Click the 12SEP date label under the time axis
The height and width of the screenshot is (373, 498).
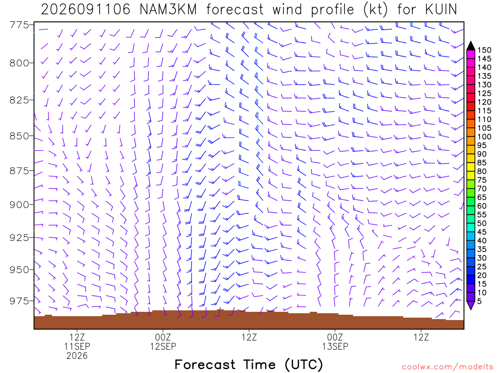(163, 346)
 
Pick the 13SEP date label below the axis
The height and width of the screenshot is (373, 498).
(335, 346)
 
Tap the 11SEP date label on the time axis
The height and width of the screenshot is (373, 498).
(77, 346)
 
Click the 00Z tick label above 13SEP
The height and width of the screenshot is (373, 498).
(335, 337)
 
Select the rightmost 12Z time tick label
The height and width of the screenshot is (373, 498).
(421, 337)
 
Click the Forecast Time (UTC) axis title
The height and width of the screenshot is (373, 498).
(249, 365)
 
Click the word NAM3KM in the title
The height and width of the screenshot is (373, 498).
(168, 10)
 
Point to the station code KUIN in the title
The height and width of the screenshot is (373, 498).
(441, 10)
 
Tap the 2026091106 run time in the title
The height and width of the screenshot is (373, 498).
(86, 10)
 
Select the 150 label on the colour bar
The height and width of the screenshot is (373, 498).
(485, 50)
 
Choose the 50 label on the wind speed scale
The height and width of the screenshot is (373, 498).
(482, 223)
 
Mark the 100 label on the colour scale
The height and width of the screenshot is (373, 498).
(485, 136)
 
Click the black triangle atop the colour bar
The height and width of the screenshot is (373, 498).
(471, 46)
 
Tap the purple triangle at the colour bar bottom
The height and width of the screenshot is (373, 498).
(471, 305)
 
